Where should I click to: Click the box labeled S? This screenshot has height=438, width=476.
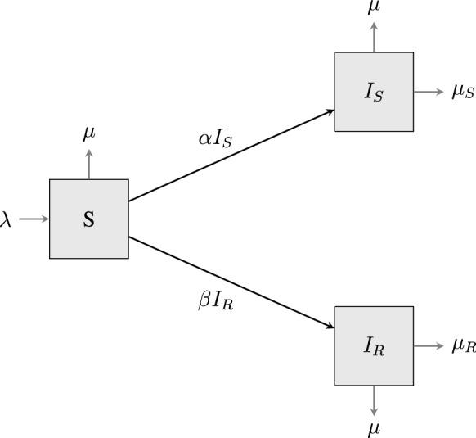coord(88,219)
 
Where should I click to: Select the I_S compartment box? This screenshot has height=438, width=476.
coord(374,92)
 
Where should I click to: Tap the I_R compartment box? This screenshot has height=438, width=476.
coord(374,345)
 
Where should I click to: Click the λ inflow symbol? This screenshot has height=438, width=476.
coord(6,219)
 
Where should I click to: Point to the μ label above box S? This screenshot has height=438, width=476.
coord(89,133)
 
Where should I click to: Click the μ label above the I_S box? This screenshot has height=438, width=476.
coord(375,7)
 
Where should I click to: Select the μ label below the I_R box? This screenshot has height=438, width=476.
coord(374,428)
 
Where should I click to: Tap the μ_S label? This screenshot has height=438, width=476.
coord(462,92)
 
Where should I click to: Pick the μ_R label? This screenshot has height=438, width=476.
coord(464,345)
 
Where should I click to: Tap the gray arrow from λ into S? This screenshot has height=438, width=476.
coord(33,219)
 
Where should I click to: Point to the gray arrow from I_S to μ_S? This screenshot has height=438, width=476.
coord(429,92)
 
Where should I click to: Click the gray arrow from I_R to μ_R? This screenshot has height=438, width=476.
coord(429,345)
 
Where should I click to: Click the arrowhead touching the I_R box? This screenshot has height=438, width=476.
coord(330,327)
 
